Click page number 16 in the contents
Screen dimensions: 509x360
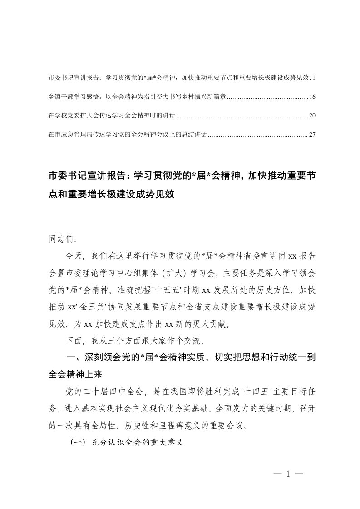311,97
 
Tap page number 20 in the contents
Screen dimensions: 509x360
311,116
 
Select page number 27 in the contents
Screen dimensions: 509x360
311,135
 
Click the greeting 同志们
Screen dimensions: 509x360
59,238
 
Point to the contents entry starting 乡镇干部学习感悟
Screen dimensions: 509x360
136,97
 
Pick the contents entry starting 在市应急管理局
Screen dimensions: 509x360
127,135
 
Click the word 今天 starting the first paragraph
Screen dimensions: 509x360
74,256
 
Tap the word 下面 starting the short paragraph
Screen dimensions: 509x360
74,341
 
